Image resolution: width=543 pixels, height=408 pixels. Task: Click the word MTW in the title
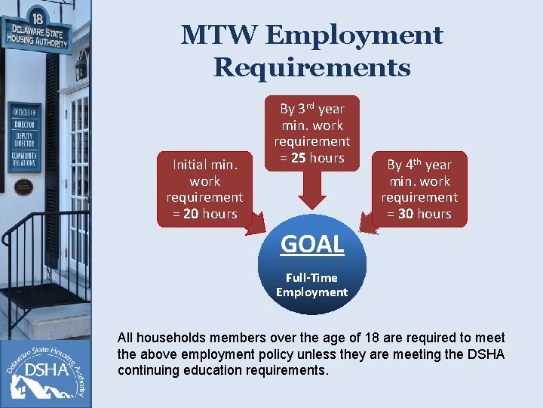point(217,36)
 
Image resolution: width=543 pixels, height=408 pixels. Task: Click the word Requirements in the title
point(311,68)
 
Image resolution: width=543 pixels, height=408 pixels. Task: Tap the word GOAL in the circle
point(311,244)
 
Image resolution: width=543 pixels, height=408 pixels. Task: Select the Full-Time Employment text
point(311,285)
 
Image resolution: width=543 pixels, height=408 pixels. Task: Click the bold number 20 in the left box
point(190,214)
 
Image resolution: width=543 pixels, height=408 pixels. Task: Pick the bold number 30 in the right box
point(405,214)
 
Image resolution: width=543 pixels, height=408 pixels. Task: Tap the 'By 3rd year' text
point(311,109)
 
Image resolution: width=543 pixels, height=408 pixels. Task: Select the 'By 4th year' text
point(419,165)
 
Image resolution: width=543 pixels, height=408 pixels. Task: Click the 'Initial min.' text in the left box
point(204,165)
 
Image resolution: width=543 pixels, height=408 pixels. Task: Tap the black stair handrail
point(45,223)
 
